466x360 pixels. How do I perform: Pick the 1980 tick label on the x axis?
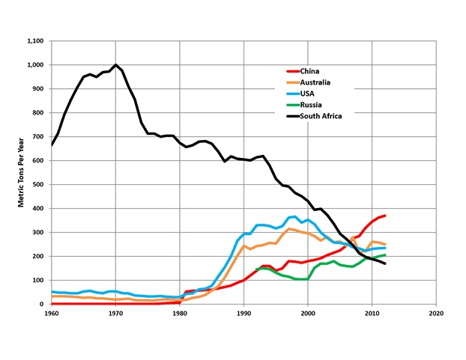180,314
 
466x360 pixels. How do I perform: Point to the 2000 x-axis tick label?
307,314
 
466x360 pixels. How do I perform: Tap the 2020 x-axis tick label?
435,314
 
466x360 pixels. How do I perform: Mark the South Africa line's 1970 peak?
115,65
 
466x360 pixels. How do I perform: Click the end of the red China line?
384,216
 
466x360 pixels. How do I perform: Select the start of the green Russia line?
257,269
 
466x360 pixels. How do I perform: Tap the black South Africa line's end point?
384,263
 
